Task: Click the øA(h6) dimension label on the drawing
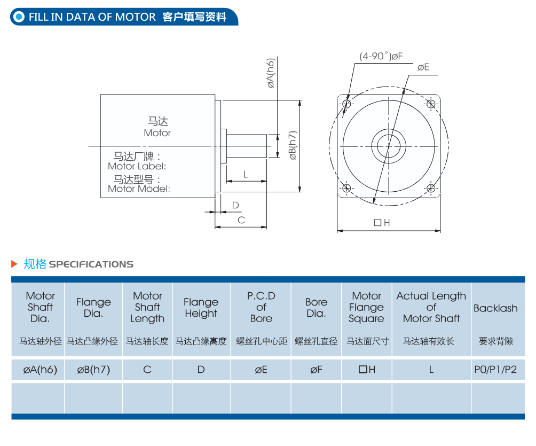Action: pyautogui.click(x=271, y=73)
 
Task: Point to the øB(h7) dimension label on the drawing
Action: pyautogui.click(x=293, y=145)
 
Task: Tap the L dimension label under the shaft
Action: pyautogui.click(x=246, y=175)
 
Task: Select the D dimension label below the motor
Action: pyautogui.click(x=235, y=205)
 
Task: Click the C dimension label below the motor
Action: pyautogui.click(x=241, y=220)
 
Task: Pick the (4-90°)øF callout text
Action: pyautogui.click(x=381, y=56)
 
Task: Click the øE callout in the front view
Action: pyautogui.click(x=423, y=67)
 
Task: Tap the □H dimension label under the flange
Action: pyautogui.click(x=382, y=223)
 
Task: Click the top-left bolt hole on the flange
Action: pyautogui.click(x=346, y=104)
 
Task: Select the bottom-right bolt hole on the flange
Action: pyautogui.click(x=431, y=188)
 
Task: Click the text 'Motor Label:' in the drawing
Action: pyautogui.click(x=137, y=167)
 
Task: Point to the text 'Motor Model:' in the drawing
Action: pyautogui.click(x=139, y=189)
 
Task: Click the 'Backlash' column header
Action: pyautogui.click(x=495, y=308)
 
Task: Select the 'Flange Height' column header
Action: pyautogui.click(x=201, y=308)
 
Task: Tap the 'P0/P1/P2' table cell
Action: pyautogui.click(x=495, y=370)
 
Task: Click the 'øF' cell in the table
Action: pyautogui.click(x=316, y=370)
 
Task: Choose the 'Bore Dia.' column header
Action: pyautogui.click(x=316, y=308)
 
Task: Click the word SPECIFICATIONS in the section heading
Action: pyautogui.click(x=91, y=264)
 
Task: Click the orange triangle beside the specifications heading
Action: pyautogui.click(x=14, y=264)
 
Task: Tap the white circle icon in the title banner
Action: pyautogui.click(x=19, y=17)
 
